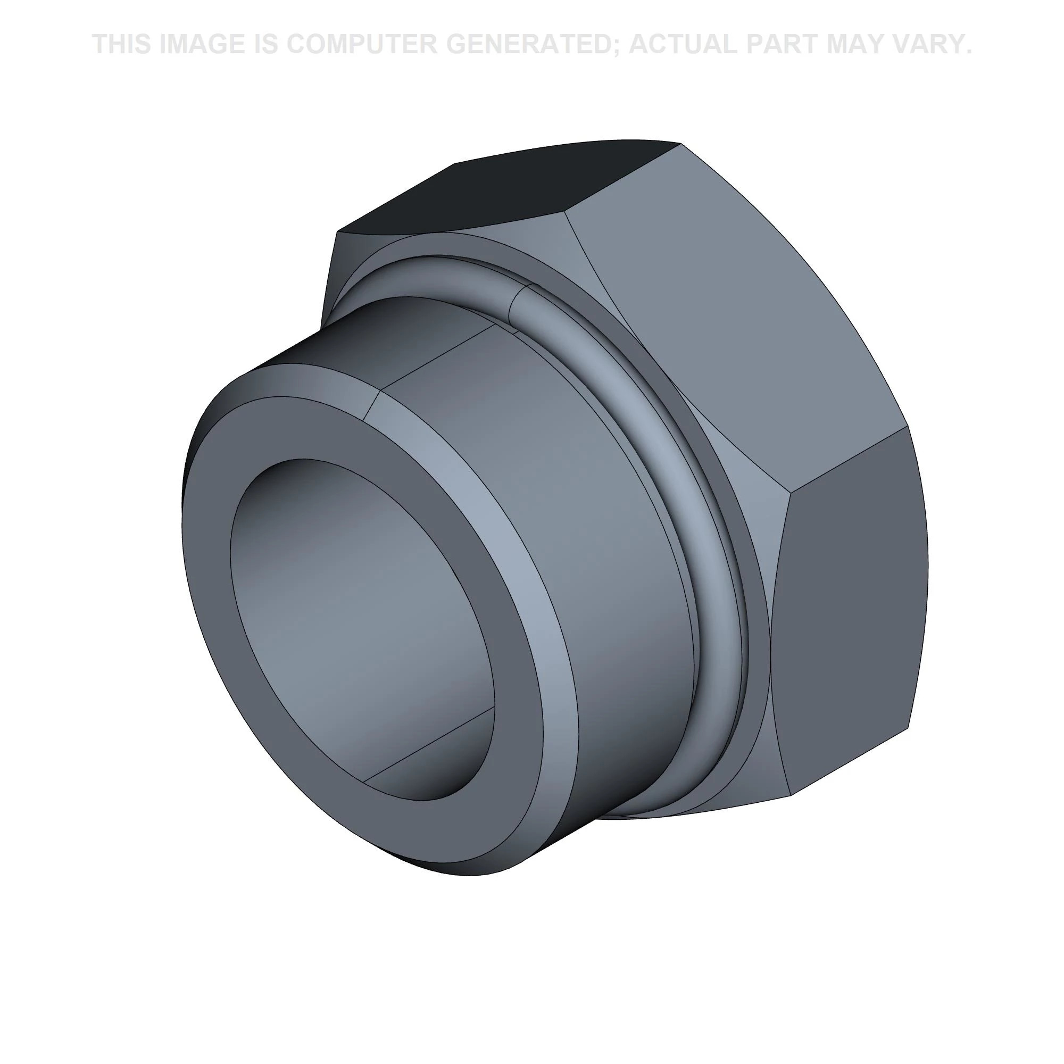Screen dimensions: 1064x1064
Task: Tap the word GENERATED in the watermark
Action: [529, 44]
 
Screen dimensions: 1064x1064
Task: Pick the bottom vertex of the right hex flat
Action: [792, 795]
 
